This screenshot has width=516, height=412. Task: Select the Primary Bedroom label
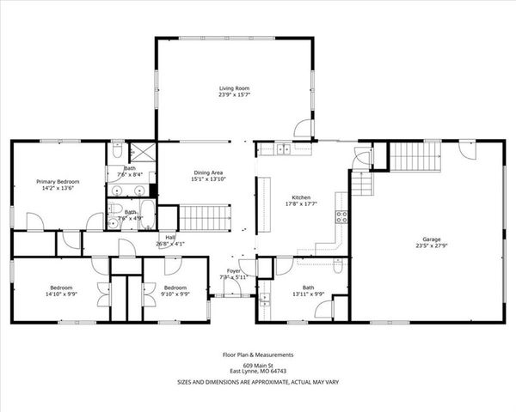click(58, 182)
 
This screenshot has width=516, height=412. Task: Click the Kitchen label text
click(300, 197)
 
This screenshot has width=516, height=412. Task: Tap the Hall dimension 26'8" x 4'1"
click(170, 244)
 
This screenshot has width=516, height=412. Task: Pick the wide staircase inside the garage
click(415, 156)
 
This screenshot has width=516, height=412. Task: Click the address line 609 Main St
click(258, 364)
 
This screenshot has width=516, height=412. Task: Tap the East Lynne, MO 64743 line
click(258, 371)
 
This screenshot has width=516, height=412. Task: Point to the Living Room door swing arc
click(302, 129)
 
